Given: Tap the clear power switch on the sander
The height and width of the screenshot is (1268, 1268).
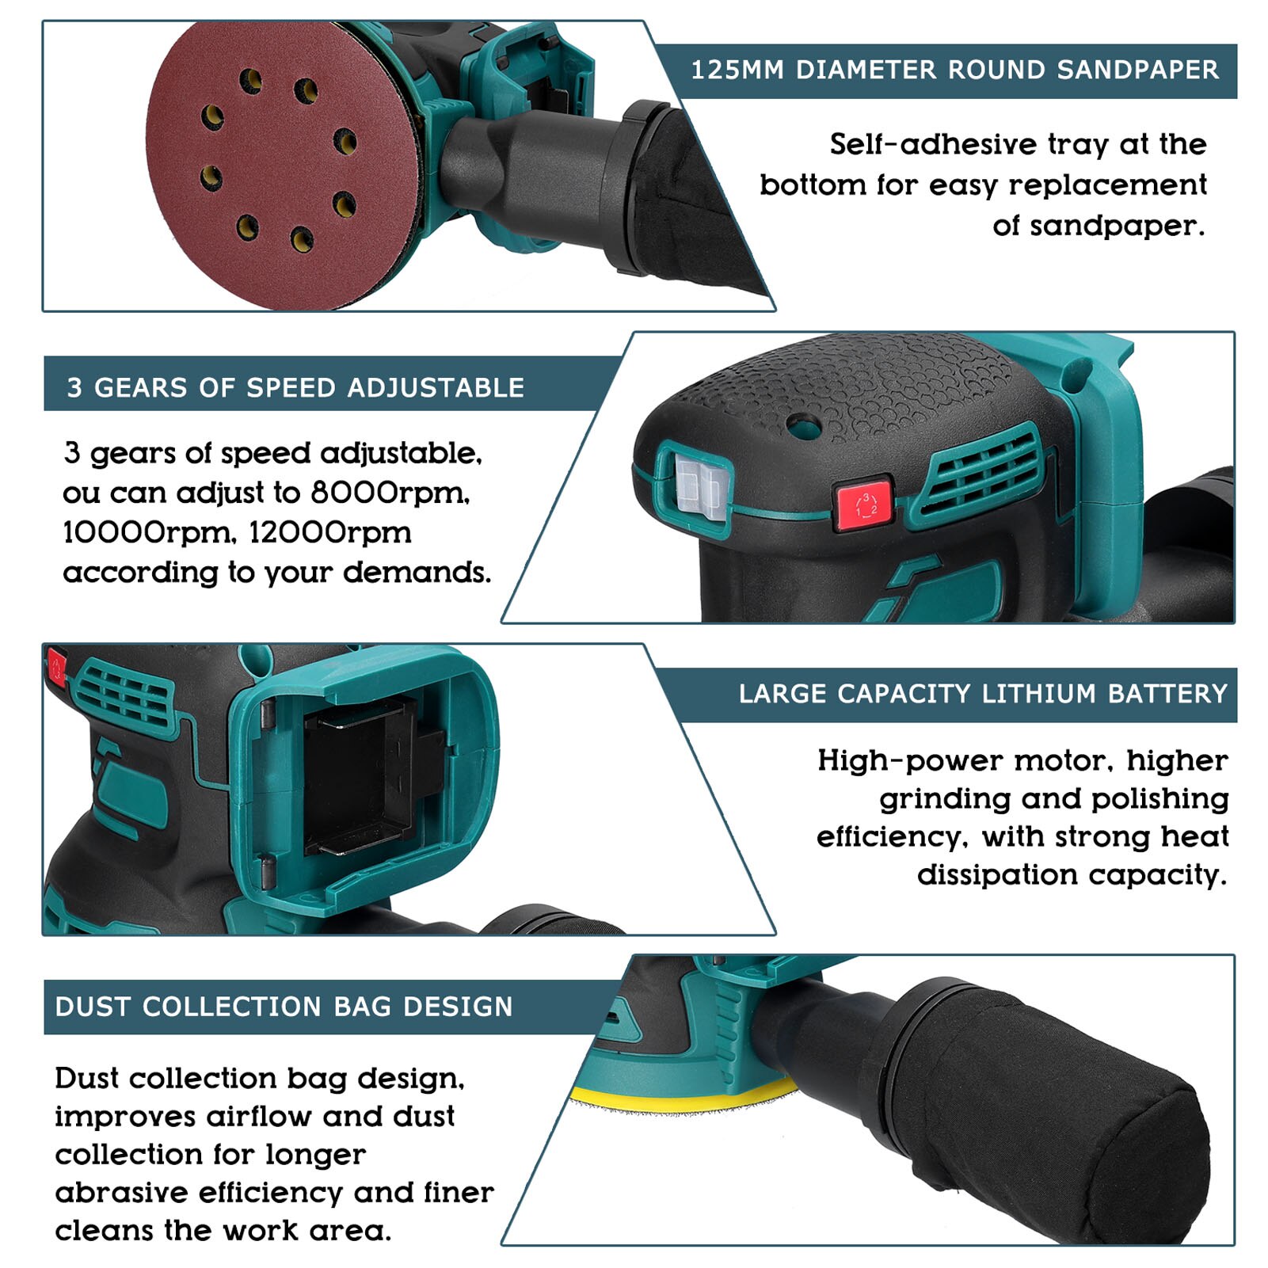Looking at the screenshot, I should [x=700, y=487].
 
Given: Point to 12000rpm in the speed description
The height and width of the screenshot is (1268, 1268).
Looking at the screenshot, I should [x=330, y=533].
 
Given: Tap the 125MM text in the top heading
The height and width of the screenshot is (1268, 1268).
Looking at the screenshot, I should [x=737, y=70].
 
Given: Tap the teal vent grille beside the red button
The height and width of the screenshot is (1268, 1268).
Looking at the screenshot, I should [x=982, y=473].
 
